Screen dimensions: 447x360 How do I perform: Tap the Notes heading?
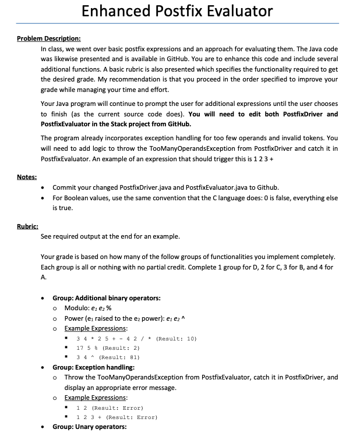point(27,176)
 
